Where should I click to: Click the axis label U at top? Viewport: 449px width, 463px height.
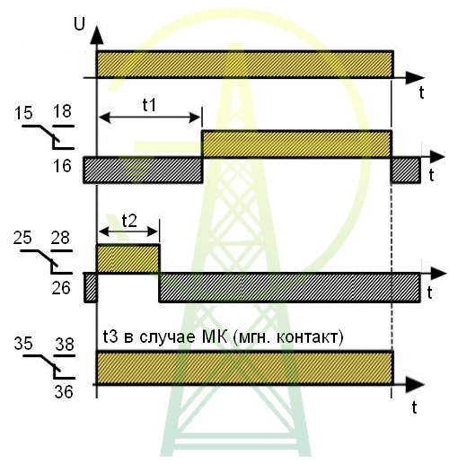tap(79, 24)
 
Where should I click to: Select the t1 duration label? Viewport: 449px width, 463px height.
tap(149, 105)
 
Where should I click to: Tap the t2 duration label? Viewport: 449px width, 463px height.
tap(129, 221)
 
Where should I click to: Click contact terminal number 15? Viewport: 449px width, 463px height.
tap(23, 113)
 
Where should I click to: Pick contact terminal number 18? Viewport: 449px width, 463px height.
tap(63, 111)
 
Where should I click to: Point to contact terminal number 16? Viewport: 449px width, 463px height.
tap(62, 166)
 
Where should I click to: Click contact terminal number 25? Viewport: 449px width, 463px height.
tap(22, 238)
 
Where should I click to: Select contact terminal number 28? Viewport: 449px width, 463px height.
tap(60, 238)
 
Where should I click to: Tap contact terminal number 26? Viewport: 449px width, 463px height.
tap(61, 288)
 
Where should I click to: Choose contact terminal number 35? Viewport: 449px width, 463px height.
tap(23, 343)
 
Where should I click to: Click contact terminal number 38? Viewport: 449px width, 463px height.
tap(65, 344)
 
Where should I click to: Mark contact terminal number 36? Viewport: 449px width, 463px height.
tap(64, 391)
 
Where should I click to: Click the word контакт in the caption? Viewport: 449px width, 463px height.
tap(309, 337)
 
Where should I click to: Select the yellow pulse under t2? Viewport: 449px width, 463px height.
tap(128, 258)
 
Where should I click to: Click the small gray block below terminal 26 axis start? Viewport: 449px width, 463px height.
tap(91, 288)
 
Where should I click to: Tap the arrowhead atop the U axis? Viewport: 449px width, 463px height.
tap(97, 35)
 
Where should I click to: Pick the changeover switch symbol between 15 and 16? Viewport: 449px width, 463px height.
tap(48, 137)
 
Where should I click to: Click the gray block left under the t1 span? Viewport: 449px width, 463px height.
tap(143, 170)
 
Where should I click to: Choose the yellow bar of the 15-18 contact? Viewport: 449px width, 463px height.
tap(296, 144)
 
